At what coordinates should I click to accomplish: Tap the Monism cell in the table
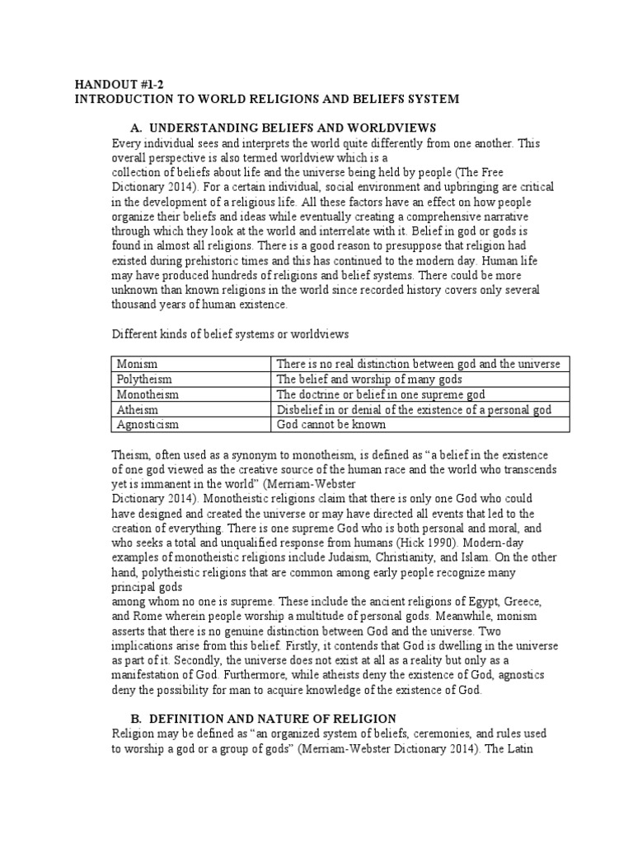pos(138,364)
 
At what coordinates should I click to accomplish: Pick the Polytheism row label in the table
pos(144,380)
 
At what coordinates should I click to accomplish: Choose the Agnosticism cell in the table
pos(148,426)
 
